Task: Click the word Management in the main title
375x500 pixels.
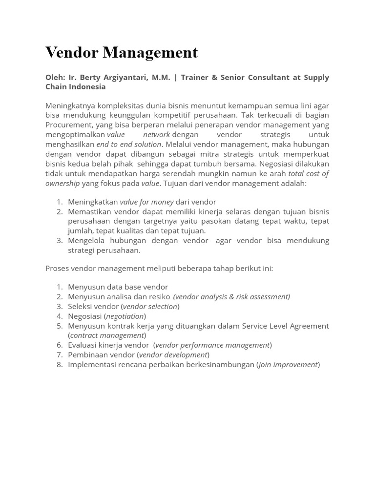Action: pos(150,53)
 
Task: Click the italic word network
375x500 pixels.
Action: pos(156,135)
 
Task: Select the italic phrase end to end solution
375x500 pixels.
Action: pos(129,145)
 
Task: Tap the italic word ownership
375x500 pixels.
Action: pos(62,184)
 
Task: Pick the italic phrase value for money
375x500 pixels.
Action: pos(146,202)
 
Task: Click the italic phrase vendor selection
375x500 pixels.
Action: pos(150,307)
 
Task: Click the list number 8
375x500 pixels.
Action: pos(60,365)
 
